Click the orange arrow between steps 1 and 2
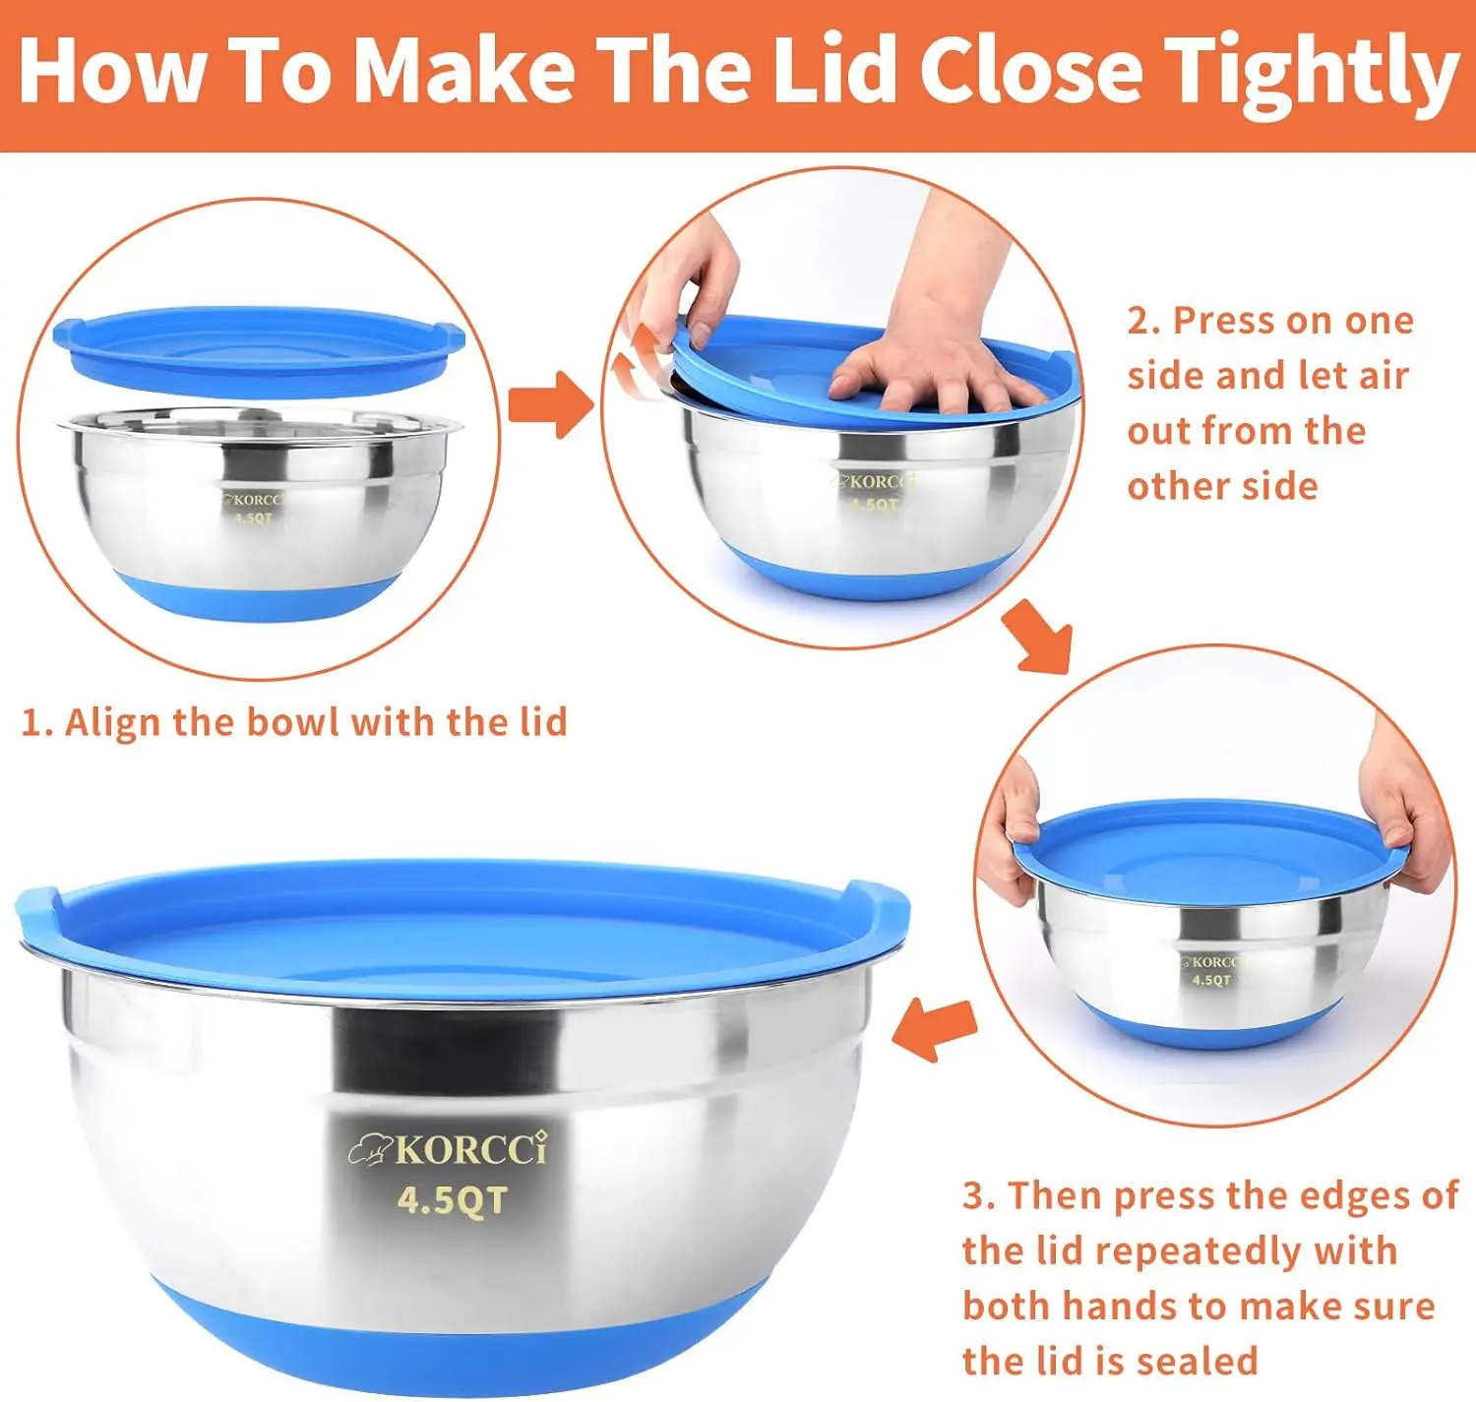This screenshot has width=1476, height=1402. click(550, 404)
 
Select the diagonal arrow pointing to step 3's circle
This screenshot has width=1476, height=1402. click(1037, 636)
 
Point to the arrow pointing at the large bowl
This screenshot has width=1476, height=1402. click(935, 1030)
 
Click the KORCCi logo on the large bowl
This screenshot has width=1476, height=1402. click(448, 1150)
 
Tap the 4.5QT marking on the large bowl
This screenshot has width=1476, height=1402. click(452, 1200)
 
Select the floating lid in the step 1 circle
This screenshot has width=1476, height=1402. click(259, 348)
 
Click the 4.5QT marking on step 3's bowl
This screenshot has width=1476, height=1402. click(1211, 980)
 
